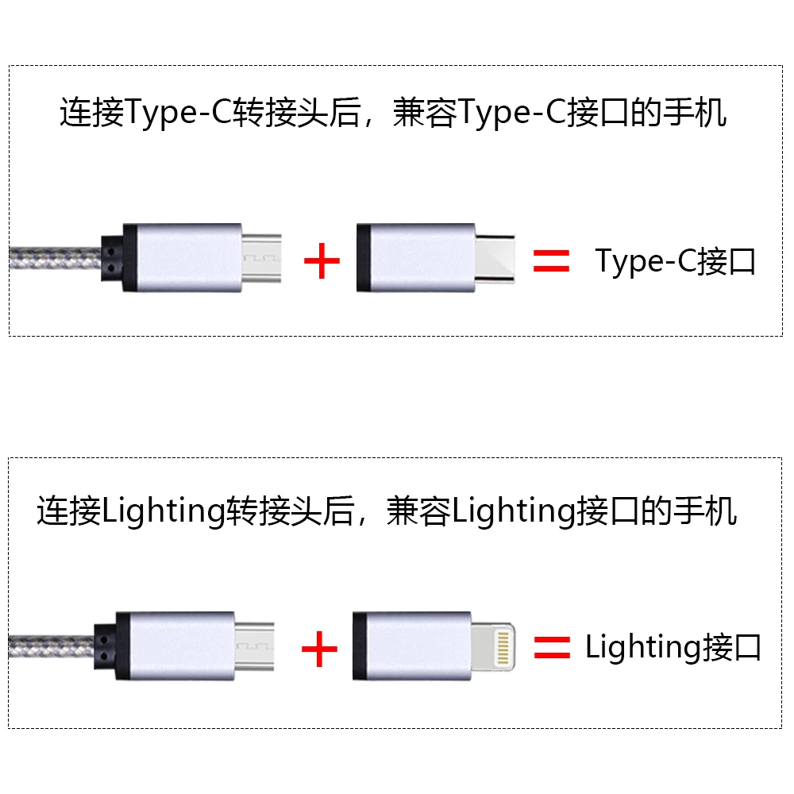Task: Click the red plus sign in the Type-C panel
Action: [322, 260]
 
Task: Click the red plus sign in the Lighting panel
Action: [319, 649]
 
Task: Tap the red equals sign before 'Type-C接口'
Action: [552, 260]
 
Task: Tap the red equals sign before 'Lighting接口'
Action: [552, 648]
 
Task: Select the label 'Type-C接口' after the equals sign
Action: [675, 262]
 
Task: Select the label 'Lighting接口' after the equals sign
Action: [673, 647]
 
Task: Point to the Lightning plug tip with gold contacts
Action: [493, 648]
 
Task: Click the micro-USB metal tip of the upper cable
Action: [261, 258]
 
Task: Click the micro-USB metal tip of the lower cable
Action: [254, 647]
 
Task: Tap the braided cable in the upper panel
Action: [56, 258]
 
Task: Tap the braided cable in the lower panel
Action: [51, 646]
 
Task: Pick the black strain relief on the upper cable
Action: [112, 258]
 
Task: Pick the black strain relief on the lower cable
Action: [105, 646]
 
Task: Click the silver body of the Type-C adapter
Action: [416, 258]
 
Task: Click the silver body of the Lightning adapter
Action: [411, 646]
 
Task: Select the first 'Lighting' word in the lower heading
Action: [164, 511]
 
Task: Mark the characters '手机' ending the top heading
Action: [696, 113]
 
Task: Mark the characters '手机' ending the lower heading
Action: [705, 511]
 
